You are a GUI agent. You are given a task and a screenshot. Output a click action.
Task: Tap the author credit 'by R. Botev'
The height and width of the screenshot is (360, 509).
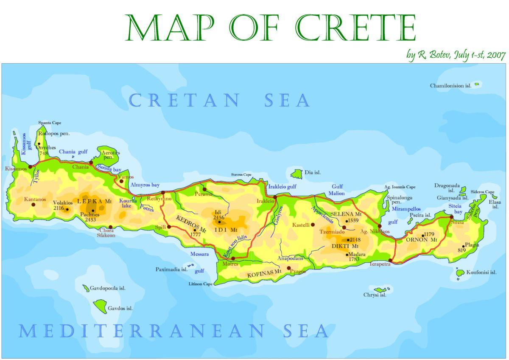pyautogui.click(x=428, y=55)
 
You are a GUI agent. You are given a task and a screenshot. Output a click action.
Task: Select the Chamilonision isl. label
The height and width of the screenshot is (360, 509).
pyautogui.click(x=450, y=86)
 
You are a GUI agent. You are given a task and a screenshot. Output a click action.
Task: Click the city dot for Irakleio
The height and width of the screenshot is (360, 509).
pyautogui.click(x=275, y=197)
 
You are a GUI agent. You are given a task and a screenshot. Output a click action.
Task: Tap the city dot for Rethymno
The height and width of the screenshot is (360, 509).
pyautogui.click(x=163, y=193)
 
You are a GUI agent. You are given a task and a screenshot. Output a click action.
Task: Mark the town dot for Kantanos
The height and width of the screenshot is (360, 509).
pyautogui.click(x=33, y=205)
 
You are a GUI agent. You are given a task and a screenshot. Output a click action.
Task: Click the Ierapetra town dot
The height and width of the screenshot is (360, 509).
pyautogui.click(x=390, y=261)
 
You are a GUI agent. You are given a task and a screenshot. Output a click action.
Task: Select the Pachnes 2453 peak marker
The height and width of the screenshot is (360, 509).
pyautogui.click(x=93, y=211)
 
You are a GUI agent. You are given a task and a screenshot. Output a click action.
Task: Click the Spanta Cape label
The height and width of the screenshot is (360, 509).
pyautogui.click(x=50, y=123)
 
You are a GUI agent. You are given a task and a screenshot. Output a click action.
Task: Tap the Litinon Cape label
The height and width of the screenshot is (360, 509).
pyautogui.click(x=201, y=284)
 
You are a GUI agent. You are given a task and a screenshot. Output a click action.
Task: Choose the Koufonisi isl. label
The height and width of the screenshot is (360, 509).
pyautogui.click(x=481, y=273)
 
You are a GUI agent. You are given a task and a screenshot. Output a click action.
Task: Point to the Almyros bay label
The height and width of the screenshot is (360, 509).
pyautogui.click(x=145, y=185)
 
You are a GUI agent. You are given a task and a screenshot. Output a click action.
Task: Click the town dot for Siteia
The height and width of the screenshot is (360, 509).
pyautogui.click(x=451, y=217)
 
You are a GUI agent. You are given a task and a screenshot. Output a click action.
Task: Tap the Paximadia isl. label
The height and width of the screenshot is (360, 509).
pyautogui.click(x=171, y=269)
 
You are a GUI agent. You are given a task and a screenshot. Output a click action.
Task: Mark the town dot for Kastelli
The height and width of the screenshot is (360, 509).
pyautogui.click(x=313, y=225)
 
